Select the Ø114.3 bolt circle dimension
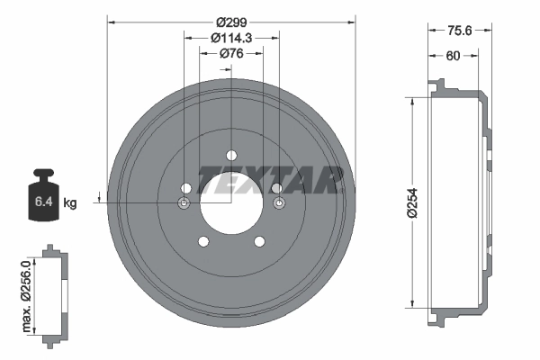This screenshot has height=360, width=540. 231,38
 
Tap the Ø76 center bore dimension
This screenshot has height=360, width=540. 231,54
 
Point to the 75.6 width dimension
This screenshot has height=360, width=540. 461,29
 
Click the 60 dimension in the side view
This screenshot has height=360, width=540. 454,56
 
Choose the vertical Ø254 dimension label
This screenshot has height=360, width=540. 413,202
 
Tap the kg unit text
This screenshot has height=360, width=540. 70,203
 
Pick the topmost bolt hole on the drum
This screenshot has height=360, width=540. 231,154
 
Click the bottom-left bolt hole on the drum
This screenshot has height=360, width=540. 203,241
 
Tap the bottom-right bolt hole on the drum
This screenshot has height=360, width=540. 260,241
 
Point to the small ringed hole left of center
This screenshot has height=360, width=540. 184,204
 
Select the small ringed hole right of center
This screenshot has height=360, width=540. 278,204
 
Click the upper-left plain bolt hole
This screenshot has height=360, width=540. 186,187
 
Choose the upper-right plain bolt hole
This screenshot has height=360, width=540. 276,187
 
